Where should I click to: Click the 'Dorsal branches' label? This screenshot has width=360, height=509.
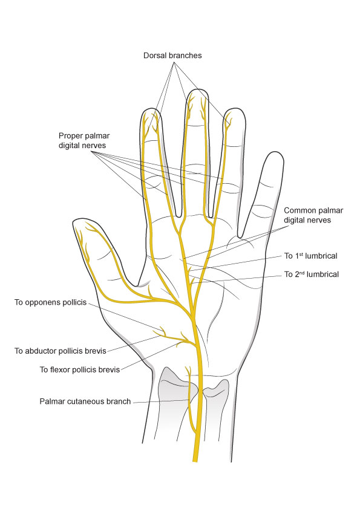(x=172, y=56)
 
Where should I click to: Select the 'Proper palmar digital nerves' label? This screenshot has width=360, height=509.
(x=84, y=141)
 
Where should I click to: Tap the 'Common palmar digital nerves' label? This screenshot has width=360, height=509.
(x=313, y=215)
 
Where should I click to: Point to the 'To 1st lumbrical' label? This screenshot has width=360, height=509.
(x=311, y=256)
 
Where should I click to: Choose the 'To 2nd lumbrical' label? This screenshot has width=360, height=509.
(x=312, y=274)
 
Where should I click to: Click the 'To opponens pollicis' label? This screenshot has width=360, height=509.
(x=50, y=302)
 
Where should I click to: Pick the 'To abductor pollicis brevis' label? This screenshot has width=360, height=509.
(x=61, y=351)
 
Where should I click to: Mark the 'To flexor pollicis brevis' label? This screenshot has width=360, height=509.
(x=80, y=369)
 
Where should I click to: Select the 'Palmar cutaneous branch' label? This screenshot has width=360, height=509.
(x=85, y=401)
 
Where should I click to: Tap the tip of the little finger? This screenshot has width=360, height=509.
(x=275, y=152)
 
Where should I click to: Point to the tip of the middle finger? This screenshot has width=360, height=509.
(x=197, y=89)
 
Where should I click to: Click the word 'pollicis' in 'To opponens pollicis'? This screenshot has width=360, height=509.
(x=74, y=302)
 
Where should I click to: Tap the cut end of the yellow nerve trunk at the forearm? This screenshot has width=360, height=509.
(x=195, y=461)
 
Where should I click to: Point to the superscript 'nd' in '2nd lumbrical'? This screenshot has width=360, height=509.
(x=302, y=273)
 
